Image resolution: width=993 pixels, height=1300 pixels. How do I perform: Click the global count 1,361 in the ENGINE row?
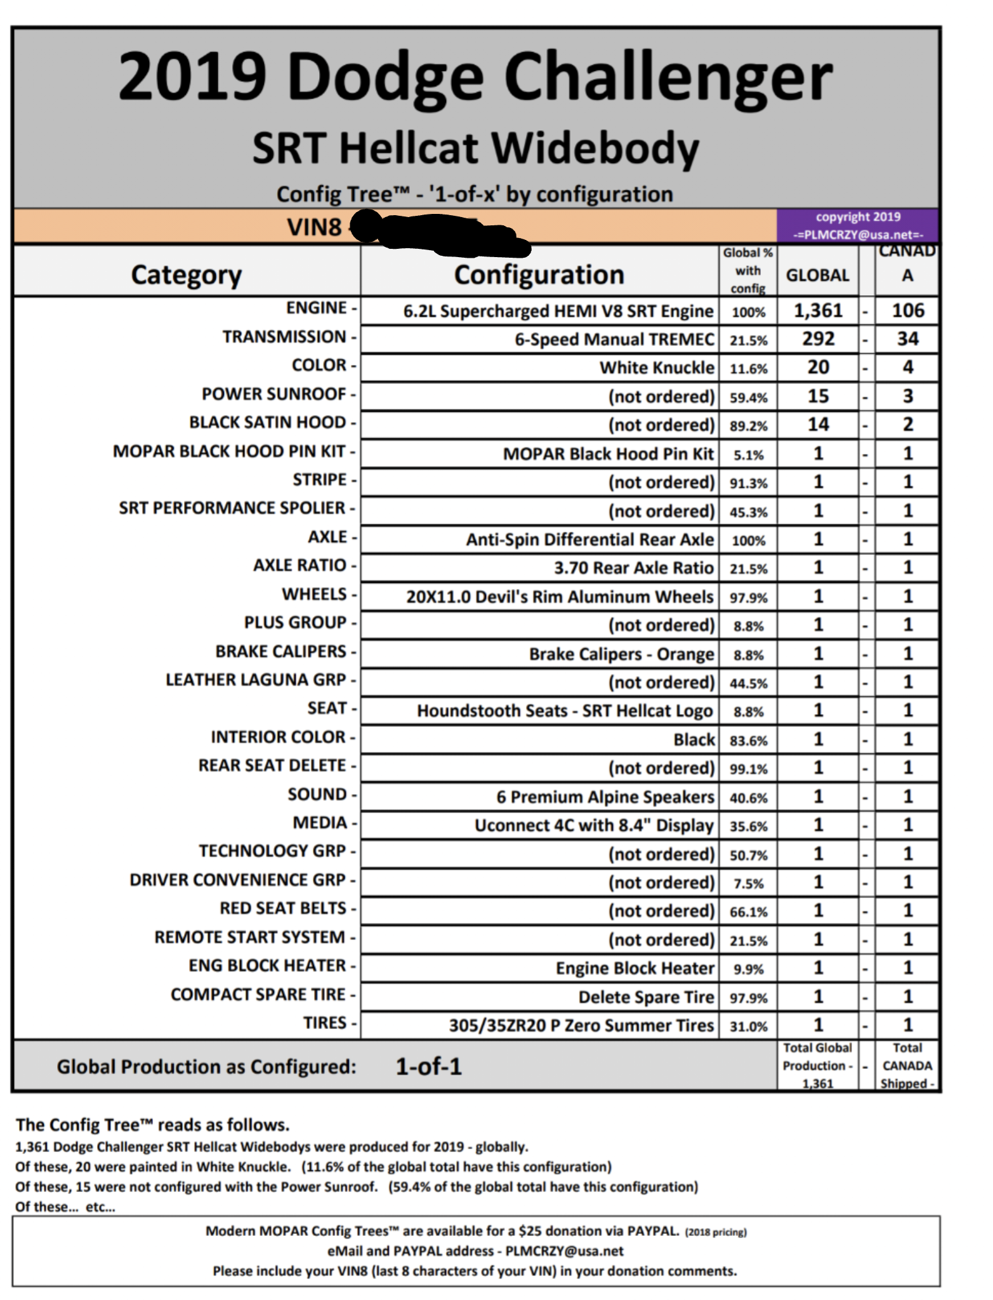coord(818,310)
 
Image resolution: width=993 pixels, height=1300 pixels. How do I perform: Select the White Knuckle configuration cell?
coord(657,368)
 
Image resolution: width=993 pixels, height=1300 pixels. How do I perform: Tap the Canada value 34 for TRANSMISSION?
coord(907,339)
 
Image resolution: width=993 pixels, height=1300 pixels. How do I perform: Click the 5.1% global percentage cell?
coord(748,454)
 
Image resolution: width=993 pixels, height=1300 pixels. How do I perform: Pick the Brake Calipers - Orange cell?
coord(621,654)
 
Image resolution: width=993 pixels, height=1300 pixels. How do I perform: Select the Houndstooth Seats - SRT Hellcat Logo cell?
coord(565,711)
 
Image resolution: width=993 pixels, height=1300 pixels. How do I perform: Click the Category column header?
coord(186,275)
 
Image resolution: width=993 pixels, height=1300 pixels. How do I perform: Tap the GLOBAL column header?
coord(817,275)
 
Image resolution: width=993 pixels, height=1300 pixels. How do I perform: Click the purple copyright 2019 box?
coord(858,225)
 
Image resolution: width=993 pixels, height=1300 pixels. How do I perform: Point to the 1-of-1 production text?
coord(429,1066)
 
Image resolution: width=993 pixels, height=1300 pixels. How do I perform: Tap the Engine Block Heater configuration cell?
coord(635,968)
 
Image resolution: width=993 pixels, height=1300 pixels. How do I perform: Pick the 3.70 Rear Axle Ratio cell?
coord(633,568)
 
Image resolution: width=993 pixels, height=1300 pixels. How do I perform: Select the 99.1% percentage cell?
coord(748,769)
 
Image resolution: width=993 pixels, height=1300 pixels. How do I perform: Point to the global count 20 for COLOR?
coord(818,368)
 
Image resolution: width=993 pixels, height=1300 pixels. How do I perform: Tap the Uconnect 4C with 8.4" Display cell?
coord(594,825)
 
